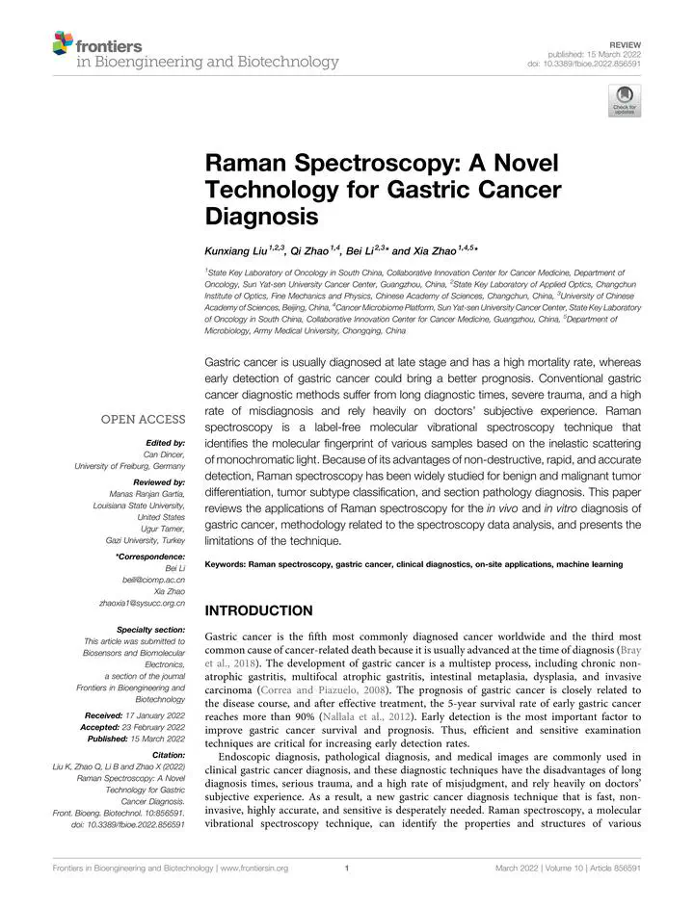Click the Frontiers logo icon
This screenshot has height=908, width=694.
click(62, 42)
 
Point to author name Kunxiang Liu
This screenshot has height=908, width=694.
click(237, 249)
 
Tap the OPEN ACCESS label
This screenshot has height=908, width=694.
click(144, 419)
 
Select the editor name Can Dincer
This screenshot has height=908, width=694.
click(164, 454)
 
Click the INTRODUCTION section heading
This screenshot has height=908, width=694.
click(258, 610)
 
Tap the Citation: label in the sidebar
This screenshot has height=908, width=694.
click(166, 757)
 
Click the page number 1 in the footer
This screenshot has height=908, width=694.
click(346, 869)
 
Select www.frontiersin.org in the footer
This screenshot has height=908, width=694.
click(254, 869)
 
